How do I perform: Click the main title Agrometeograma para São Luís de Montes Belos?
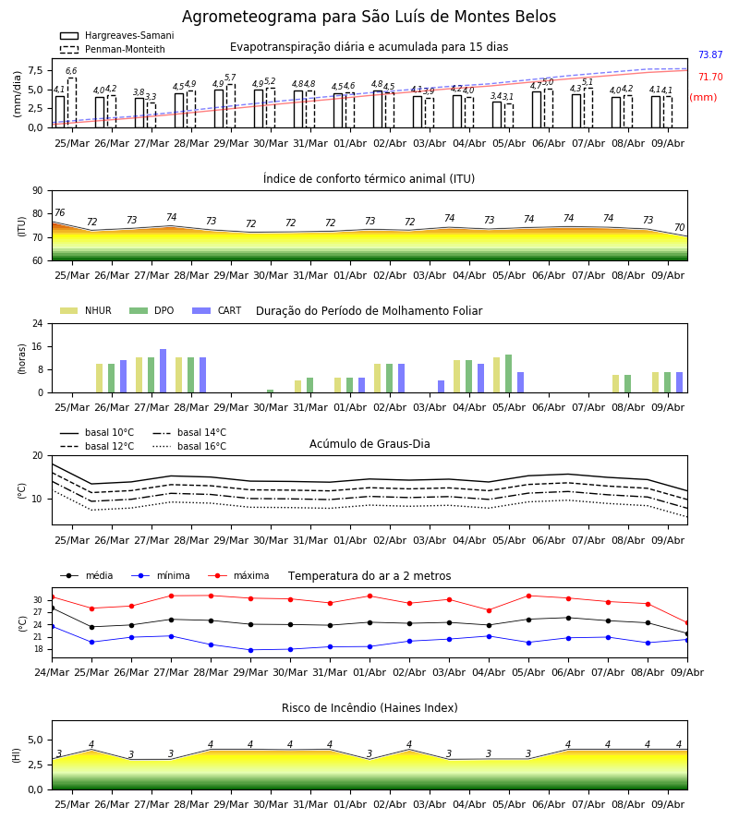pos(369,17)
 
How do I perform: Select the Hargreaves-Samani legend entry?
pos(116,35)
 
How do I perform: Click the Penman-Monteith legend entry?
pos(113,49)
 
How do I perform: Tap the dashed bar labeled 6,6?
pos(72,102)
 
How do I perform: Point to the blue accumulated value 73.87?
pos(710,54)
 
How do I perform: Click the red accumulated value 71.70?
pos(710,77)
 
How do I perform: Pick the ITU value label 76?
pos(60,212)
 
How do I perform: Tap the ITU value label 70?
pos(679,227)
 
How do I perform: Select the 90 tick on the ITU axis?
pos(38,191)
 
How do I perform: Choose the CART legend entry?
pos(216,310)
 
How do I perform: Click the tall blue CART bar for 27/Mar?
pos(163,371)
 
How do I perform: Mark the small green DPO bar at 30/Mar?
pos(271,391)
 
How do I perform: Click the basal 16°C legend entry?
pos(189,446)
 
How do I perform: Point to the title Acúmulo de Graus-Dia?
pos(369,443)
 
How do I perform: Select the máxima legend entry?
pos(238,575)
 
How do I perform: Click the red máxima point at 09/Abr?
pos(687,623)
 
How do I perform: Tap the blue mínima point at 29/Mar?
pos(250,650)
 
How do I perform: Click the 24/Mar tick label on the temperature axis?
pos(52,672)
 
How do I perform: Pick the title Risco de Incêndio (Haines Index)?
pos(369,708)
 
